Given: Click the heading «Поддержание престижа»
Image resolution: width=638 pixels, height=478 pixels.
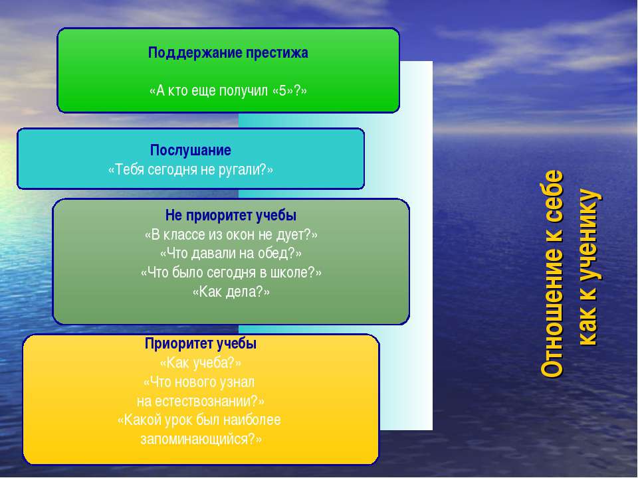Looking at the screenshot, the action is click(x=228, y=53).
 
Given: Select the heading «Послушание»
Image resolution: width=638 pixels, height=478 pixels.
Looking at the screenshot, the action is click(x=191, y=151).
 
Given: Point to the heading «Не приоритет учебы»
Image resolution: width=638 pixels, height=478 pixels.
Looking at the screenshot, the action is click(x=231, y=215).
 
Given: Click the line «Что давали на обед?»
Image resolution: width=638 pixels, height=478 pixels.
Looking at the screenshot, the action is click(x=231, y=254).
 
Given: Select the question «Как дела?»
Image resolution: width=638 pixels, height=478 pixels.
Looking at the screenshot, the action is click(x=231, y=292).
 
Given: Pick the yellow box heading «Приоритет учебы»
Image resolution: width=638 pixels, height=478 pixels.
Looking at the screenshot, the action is click(x=201, y=344).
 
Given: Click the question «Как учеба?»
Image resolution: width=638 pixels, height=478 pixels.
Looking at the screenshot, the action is click(x=201, y=362).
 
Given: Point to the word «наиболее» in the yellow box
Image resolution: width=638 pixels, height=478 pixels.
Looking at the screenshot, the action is click(x=257, y=420).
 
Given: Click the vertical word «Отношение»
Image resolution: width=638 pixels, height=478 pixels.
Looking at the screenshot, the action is click(x=552, y=309).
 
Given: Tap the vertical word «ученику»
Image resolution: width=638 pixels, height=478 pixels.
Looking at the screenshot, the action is click(x=589, y=235).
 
